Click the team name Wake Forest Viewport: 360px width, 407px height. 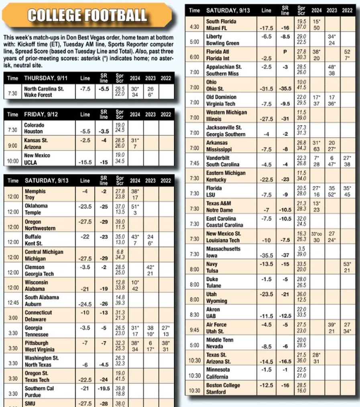click(x=39, y=95)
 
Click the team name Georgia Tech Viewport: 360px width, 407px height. click(x=39, y=274)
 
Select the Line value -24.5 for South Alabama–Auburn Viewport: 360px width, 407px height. click(x=85, y=304)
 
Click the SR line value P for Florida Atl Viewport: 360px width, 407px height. click(x=285, y=51)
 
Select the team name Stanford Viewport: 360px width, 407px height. click(x=216, y=392)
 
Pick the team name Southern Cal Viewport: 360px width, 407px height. click(x=39, y=389)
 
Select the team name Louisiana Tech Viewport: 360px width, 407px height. click(x=224, y=240)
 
